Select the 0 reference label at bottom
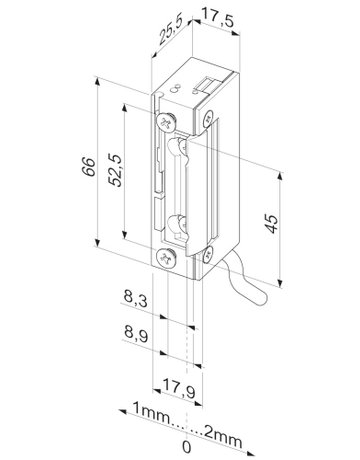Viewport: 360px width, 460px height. point(186,437)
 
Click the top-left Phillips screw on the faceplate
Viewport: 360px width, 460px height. point(164,121)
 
